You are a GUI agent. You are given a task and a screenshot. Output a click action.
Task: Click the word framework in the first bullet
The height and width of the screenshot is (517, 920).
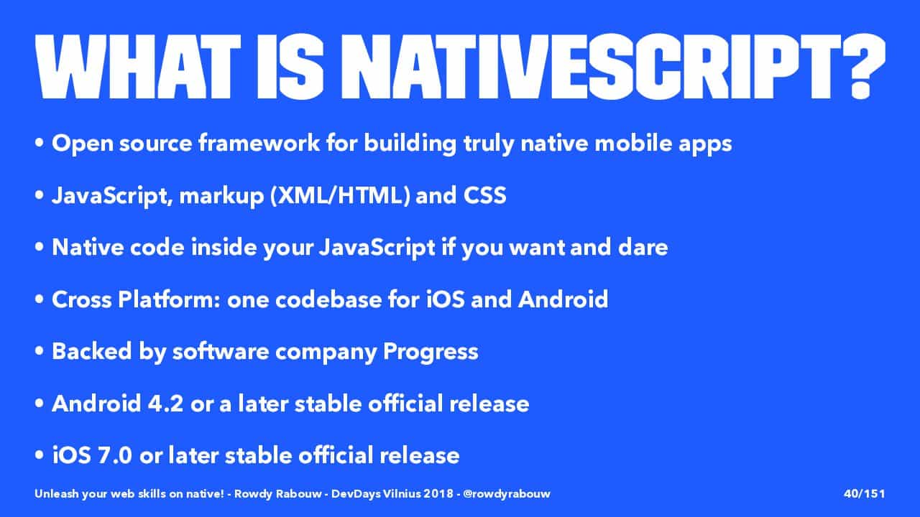[259, 143]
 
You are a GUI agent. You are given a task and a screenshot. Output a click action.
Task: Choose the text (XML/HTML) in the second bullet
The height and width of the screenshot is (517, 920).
[340, 195]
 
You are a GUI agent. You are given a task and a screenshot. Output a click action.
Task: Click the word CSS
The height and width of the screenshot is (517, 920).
[485, 195]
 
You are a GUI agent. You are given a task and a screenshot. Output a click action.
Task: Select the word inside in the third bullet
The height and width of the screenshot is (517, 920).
[224, 248]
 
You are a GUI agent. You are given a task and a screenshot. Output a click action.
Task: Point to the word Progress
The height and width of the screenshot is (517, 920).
[431, 352]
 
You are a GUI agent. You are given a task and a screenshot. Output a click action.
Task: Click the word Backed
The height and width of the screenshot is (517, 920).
[91, 352]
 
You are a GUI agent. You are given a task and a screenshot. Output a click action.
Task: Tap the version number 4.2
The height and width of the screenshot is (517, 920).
[165, 404]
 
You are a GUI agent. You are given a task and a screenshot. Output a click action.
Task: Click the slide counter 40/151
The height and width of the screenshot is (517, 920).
[864, 493]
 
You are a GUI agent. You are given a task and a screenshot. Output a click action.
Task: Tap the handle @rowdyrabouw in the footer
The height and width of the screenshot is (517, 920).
[507, 494]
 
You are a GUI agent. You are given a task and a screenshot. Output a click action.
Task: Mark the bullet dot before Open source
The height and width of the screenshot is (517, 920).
[40, 144]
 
